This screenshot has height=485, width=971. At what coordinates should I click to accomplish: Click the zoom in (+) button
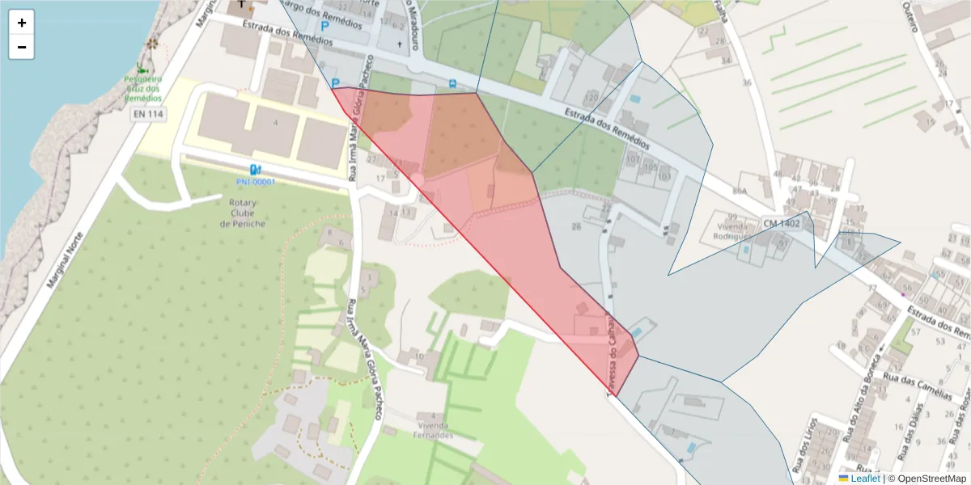point(22,23)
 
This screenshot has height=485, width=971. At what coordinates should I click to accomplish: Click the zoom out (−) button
point(22,47)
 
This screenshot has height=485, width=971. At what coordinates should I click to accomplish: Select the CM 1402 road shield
point(781,222)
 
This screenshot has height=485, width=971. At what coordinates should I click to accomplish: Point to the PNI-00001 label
point(256,182)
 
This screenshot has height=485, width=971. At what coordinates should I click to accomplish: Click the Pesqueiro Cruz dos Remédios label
point(143,88)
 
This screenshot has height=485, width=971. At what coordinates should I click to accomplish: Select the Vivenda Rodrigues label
point(734,231)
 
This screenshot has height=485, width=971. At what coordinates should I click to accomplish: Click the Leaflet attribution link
point(865,479)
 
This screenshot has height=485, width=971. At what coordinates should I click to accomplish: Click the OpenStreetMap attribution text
point(927,479)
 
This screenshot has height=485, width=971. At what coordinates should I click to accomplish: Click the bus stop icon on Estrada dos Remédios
point(452,82)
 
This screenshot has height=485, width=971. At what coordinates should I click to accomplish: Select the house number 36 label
point(746,82)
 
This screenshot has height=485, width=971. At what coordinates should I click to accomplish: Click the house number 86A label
point(738,191)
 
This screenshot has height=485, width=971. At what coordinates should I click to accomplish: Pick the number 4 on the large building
point(276,122)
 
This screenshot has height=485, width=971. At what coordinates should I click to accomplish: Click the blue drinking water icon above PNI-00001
point(256,169)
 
